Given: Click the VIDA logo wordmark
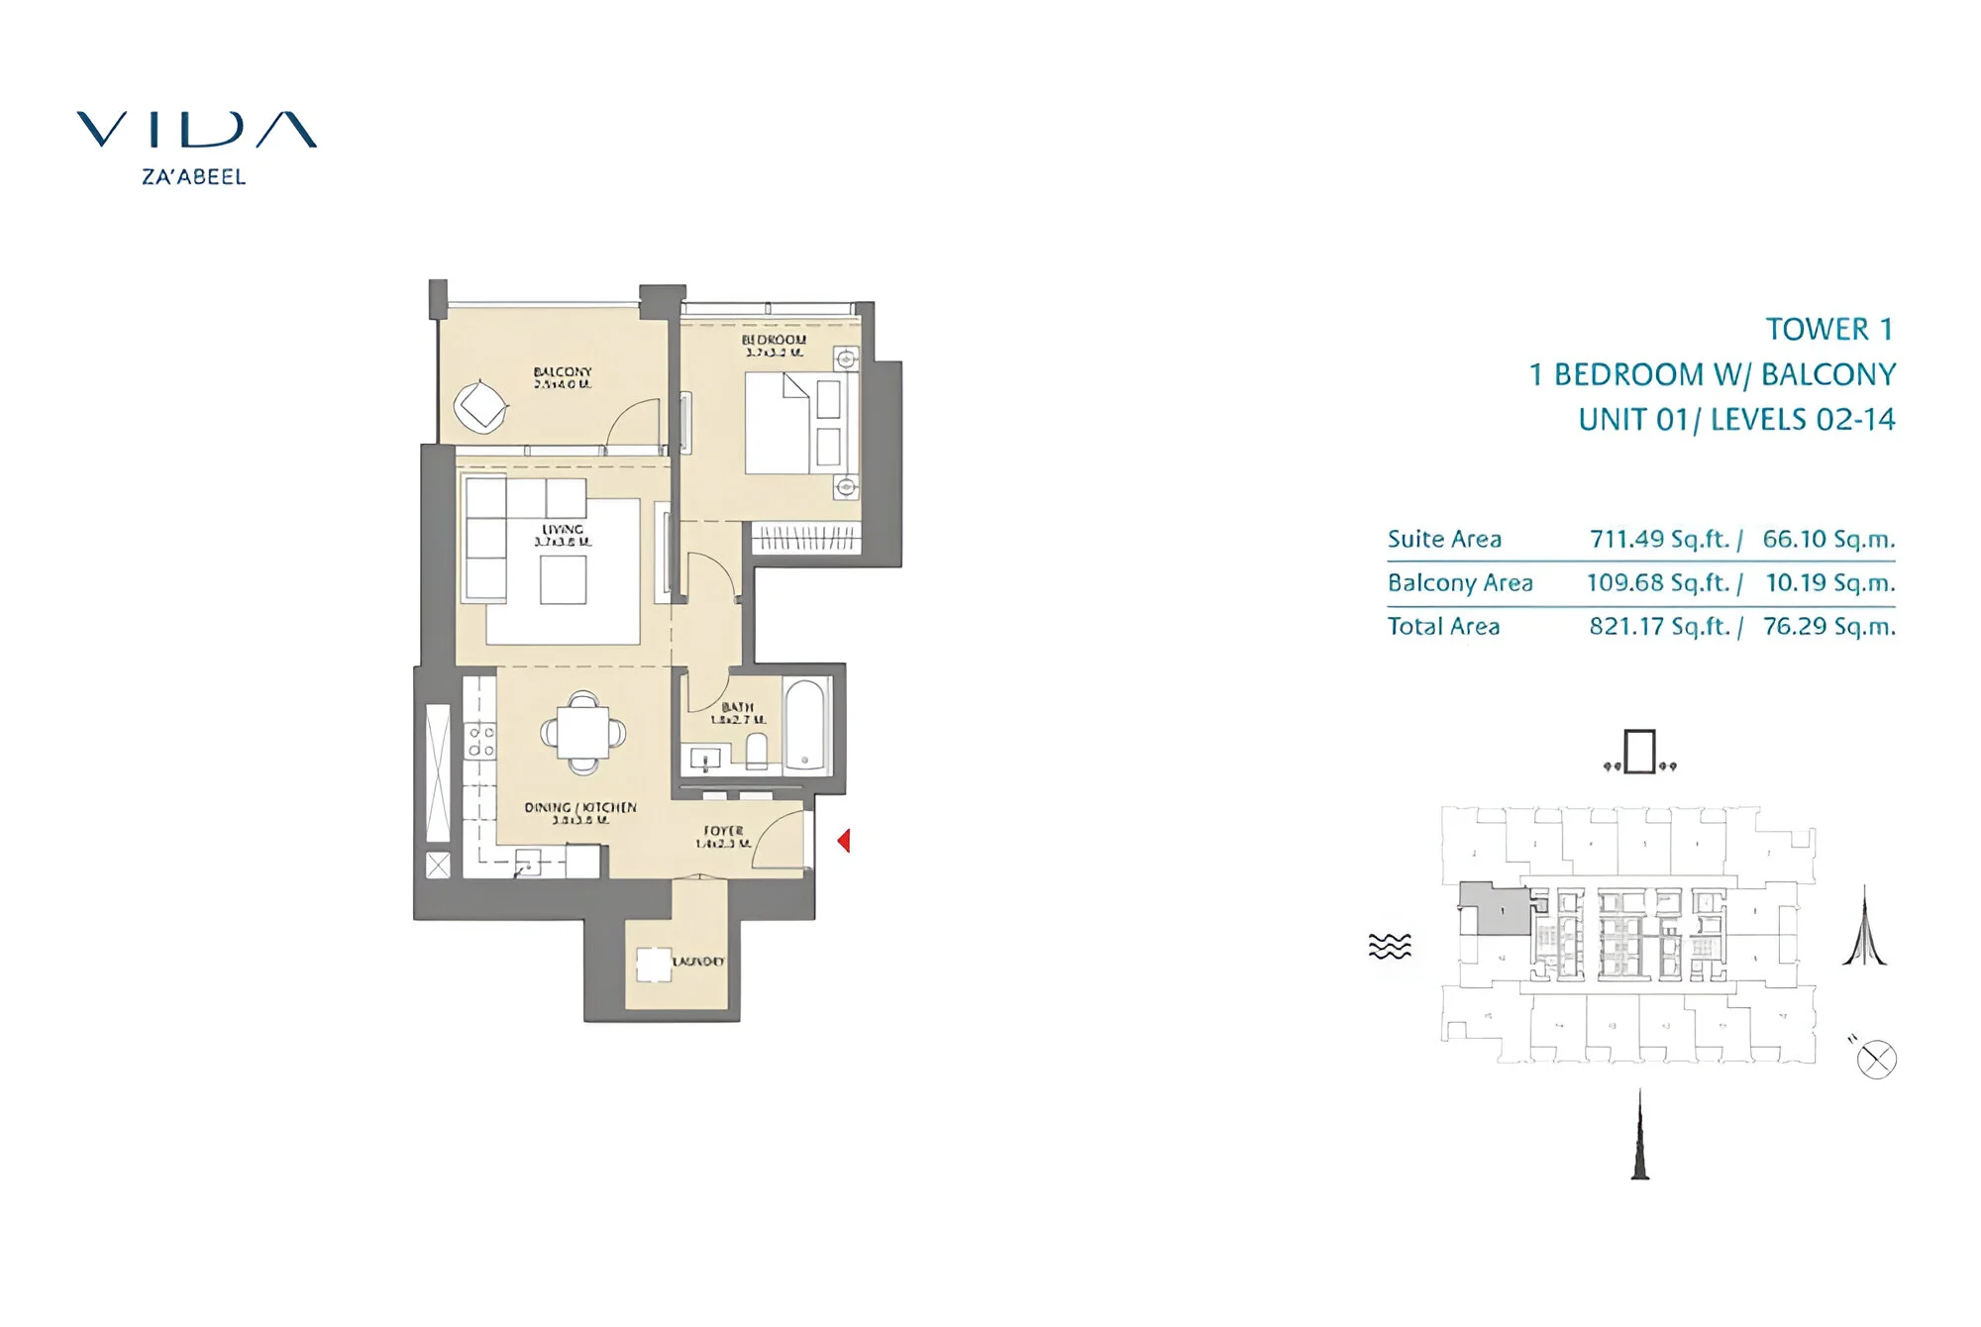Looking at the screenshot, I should (x=196, y=130).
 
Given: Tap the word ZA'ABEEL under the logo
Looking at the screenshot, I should (x=193, y=177).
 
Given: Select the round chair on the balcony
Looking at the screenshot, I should (x=481, y=405).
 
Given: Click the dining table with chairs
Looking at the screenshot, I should (x=583, y=733).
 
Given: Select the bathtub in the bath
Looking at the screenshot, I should (x=807, y=724).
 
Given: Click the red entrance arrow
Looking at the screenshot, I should (x=844, y=841).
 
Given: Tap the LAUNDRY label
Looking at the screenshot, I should (x=697, y=962).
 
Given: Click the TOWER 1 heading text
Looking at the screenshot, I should (x=1828, y=329).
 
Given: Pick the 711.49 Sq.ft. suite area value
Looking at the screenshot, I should (x=1659, y=540).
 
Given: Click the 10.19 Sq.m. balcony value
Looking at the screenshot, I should (x=1829, y=583).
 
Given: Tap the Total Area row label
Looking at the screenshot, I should (x=1443, y=627).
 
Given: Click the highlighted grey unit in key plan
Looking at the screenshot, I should (x=1496, y=909).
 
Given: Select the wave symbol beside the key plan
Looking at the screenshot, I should (x=1390, y=946).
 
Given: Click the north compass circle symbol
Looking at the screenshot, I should (x=1876, y=1060).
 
